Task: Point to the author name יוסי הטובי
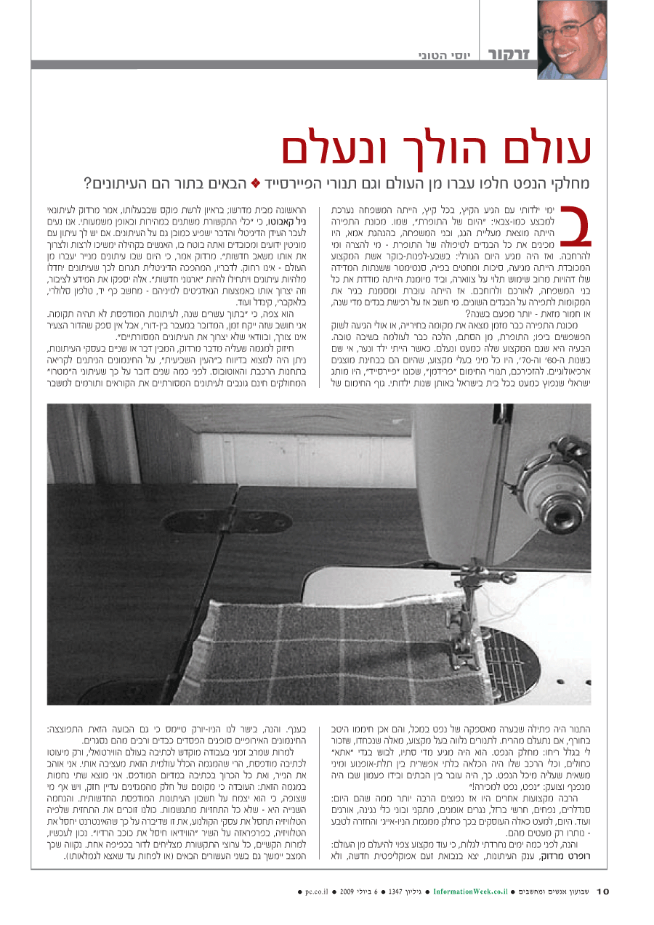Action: tap(445, 55)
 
